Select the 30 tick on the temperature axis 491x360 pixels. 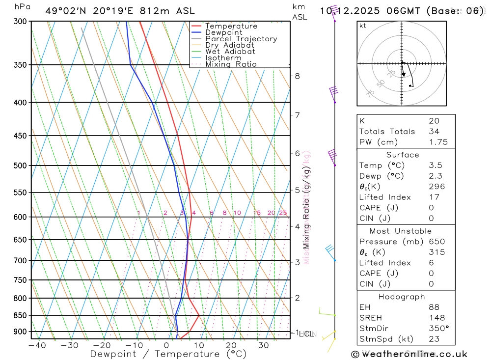pos(263,345)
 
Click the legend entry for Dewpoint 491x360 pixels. pos(223,32)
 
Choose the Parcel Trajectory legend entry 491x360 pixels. pos(241,39)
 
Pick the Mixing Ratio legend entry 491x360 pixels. pos(231,64)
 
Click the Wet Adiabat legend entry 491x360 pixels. pos(230,52)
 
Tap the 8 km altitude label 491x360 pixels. pos(297,76)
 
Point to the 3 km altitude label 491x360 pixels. pos(297,262)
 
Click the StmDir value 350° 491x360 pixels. pos(438,329)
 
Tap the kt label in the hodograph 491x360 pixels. pos(363,26)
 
